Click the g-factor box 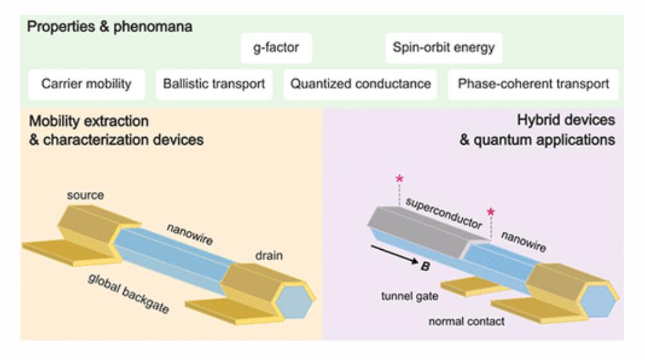276,48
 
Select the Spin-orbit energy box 444,48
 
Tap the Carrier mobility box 86,84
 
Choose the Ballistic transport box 214,84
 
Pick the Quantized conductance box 360,84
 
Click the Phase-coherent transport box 533,84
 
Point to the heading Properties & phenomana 109,27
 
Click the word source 85,195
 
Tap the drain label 269,256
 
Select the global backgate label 128,294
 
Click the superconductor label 444,213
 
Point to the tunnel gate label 409,296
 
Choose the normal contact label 467,321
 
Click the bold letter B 425,267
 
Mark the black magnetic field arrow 395,255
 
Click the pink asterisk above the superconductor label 399,179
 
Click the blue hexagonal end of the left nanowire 294,302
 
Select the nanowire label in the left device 190,234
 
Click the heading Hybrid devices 566,120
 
